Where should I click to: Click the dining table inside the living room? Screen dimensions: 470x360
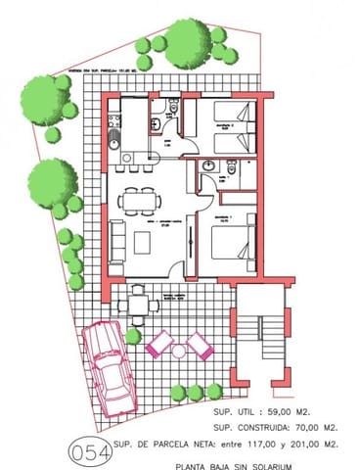click(x=140, y=201)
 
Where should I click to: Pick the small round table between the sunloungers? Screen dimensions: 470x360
click(x=179, y=348)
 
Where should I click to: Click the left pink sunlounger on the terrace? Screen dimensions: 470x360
click(x=159, y=343)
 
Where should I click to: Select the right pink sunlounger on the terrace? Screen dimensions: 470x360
click(x=201, y=344)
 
